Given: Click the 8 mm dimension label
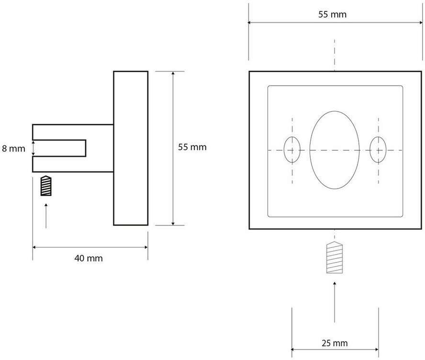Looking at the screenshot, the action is click(x=13, y=148).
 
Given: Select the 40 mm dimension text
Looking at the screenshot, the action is click(x=89, y=258).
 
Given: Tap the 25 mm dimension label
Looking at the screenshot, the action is click(x=335, y=343).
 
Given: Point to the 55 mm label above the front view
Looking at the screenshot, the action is click(x=332, y=14).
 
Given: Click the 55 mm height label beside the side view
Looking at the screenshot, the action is click(x=192, y=147).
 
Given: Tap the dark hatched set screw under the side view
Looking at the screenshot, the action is click(x=46, y=186).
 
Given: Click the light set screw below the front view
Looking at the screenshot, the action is click(x=335, y=257).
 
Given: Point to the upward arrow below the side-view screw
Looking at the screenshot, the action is click(x=46, y=216).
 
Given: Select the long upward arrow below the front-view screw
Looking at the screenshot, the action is click(x=335, y=302).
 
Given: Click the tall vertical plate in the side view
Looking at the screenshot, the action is click(x=131, y=148).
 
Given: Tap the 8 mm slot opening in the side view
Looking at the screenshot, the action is click(x=59, y=148).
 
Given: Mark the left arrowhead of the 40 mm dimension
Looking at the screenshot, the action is click(x=34, y=247).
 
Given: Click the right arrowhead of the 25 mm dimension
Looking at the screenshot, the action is click(x=377, y=349).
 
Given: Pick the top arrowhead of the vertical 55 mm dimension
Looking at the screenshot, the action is click(x=173, y=73).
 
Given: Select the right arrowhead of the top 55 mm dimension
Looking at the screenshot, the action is click(x=421, y=23).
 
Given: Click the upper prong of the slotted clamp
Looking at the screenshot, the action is click(x=73, y=132).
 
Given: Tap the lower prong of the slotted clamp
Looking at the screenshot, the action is click(x=73, y=164).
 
